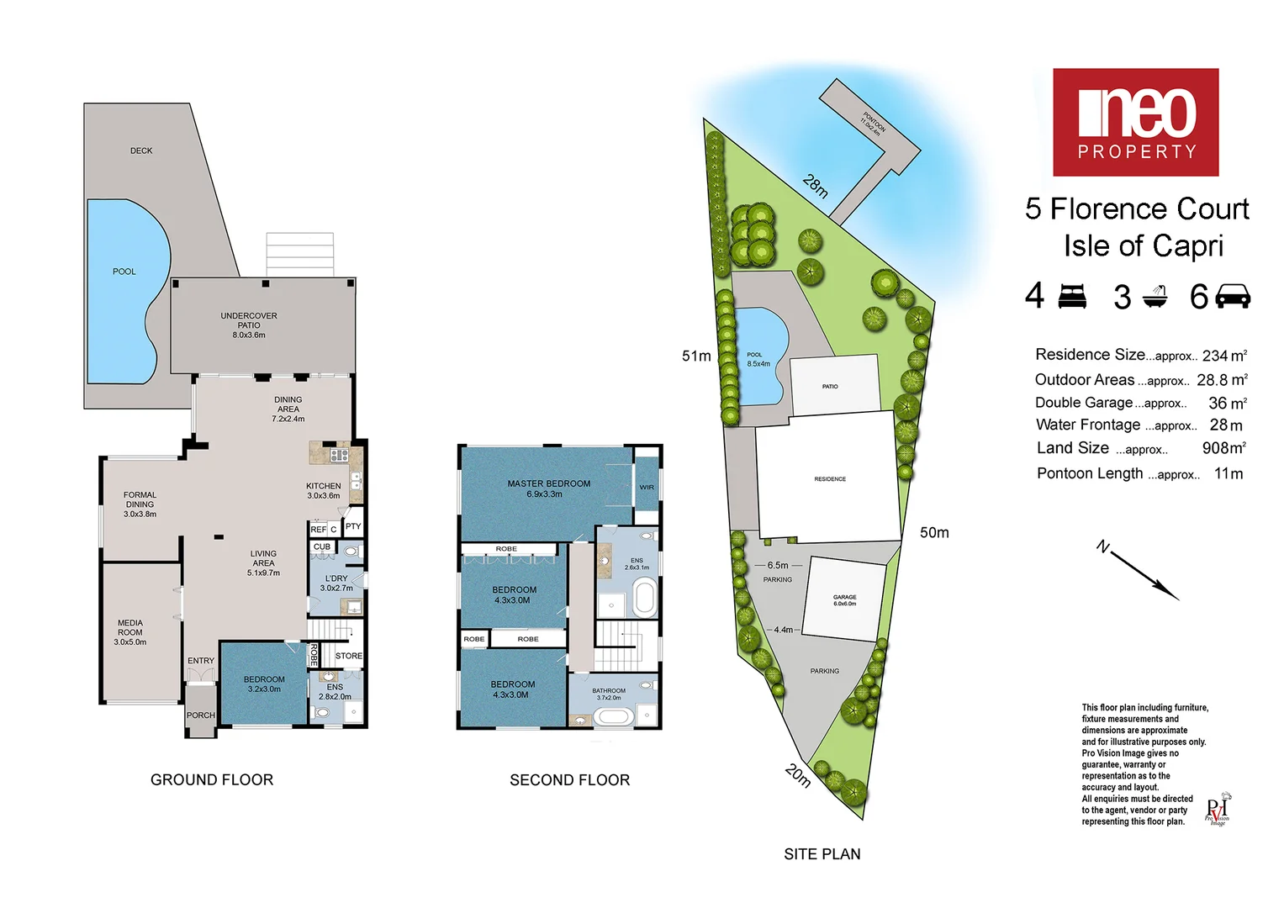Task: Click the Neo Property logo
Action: (x=1135, y=122)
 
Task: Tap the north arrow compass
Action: (x=1139, y=572)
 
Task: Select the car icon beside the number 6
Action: (x=1233, y=297)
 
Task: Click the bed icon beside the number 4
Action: (x=1072, y=296)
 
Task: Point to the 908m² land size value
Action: (x=1223, y=448)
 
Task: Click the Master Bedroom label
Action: (x=548, y=488)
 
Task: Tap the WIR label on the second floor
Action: (x=647, y=488)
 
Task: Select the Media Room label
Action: (x=130, y=632)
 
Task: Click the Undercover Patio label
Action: (x=249, y=325)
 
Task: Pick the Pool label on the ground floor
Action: (x=124, y=272)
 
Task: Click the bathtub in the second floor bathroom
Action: (x=613, y=716)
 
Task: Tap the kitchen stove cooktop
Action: (x=339, y=455)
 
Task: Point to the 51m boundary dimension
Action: (x=696, y=356)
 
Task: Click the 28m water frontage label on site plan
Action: (x=816, y=185)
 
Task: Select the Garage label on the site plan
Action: (x=844, y=600)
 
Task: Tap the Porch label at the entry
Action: (x=200, y=715)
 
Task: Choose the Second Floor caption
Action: (x=569, y=780)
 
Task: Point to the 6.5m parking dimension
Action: (x=778, y=566)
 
